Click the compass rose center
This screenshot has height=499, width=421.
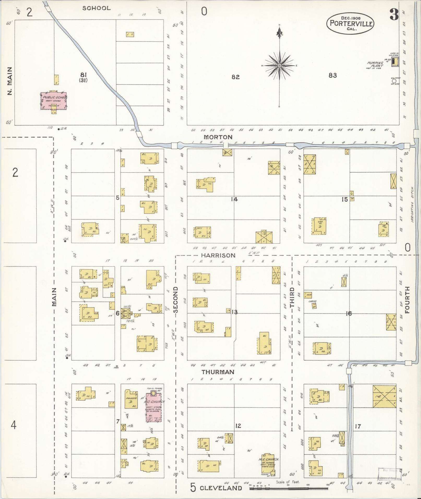tap(279, 65)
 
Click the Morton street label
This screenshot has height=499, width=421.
tap(218, 137)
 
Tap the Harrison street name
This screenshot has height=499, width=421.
tap(218, 255)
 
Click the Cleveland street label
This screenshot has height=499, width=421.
tap(221, 488)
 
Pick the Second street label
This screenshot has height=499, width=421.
tap(175, 300)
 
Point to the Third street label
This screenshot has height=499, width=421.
tap(292, 297)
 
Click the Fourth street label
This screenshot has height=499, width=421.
tap(408, 300)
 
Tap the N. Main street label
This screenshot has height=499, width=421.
tap(10, 81)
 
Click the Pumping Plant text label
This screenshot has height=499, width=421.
tap(375, 64)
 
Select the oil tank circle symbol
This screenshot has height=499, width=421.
tap(393, 81)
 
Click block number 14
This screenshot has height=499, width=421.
tap(234, 200)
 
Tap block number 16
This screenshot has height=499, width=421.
tap(349, 314)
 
